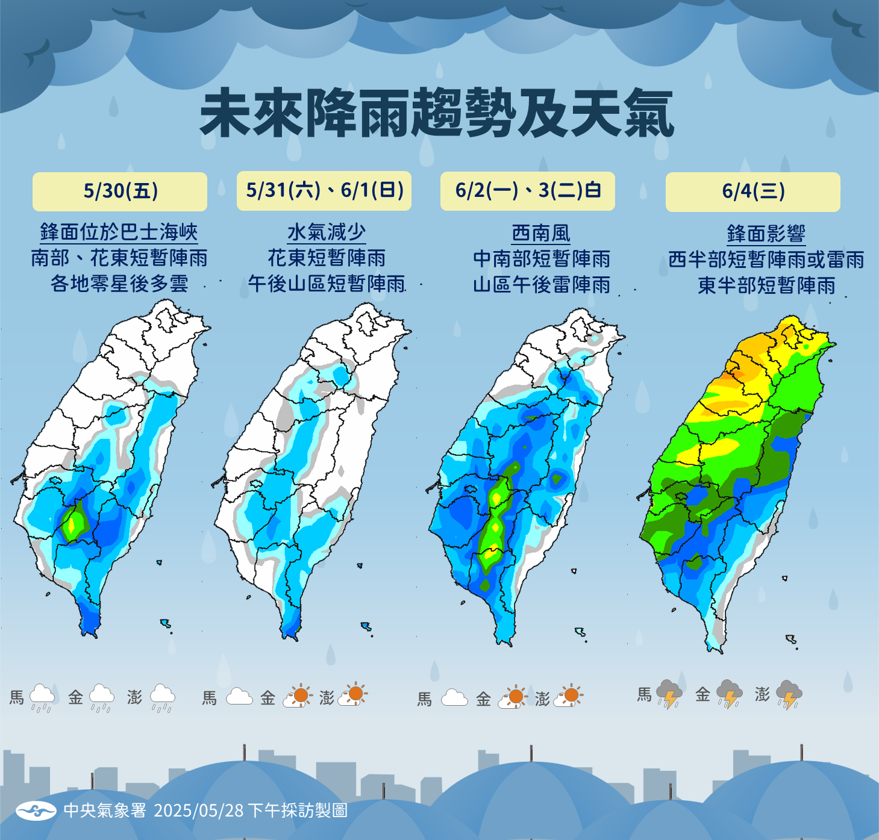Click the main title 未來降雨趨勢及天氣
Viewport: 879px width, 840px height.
[x=436, y=114]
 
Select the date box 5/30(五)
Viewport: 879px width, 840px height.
[x=120, y=191]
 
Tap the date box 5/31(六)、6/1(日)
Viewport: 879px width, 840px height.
[x=324, y=191]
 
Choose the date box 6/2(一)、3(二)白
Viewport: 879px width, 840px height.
[x=528, y=191]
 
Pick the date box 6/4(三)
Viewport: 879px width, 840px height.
[x=753, y=192]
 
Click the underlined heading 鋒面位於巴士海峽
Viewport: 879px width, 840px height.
[x=119, y=232]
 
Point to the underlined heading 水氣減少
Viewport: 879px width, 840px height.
[x=327, y=232]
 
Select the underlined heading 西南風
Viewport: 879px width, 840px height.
[x=541, y=234]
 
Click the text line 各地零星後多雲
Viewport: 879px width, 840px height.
[x=119, y=284]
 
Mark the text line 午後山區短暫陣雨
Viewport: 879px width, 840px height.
[x=327, y=284]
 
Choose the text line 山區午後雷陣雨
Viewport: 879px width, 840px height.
[x=541, y=285]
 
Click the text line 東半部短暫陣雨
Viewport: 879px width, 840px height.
[x=766, y=285]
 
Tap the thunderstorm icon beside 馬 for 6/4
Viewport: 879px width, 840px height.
[x=669, y=695]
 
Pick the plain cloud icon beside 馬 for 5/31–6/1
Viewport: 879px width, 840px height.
[x=239, y=697]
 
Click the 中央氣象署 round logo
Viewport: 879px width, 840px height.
[x=36, y=810]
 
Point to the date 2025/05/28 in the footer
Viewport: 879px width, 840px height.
[x=199, y=810]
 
